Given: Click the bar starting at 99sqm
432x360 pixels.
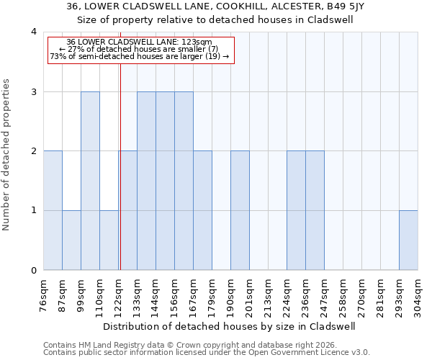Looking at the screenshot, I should coord(90,181).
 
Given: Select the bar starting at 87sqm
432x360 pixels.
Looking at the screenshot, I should coord(71,240).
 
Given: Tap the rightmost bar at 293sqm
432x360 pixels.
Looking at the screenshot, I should coord(408,240).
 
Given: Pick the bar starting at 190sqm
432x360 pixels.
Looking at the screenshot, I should coord(240,210).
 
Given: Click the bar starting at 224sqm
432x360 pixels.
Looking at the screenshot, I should coord(296,210).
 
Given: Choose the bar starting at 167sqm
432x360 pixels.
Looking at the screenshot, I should coord(202,210).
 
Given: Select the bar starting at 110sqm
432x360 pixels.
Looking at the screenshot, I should coord(109,240).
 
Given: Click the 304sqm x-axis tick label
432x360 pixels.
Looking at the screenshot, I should coord(418,296).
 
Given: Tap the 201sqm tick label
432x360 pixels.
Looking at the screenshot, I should coord(250,296).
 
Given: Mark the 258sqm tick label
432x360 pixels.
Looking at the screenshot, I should coord(343,296).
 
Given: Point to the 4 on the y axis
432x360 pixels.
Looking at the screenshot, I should coord(33,32).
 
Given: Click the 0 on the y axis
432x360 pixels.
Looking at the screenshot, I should coord(33,271).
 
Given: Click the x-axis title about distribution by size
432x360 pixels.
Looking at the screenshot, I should coord(230,326).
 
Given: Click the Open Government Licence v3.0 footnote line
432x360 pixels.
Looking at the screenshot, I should coord(207,352).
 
